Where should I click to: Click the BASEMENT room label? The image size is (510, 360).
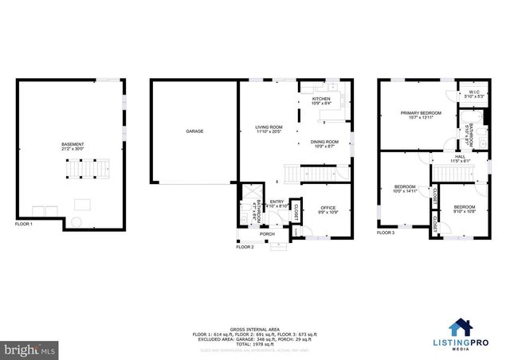[x=73, y=144]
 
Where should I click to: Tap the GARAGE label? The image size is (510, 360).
[x=194, y=131]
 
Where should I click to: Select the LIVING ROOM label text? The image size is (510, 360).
[x=269, y=127]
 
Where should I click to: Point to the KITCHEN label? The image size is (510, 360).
[x=320, y=99]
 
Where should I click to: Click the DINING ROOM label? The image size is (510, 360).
[x=324, y=142]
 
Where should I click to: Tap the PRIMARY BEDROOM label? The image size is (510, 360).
[x=420, y=114]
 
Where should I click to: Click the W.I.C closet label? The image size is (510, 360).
[x=473, y=92]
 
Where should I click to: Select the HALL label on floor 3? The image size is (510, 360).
[x=460, y=157]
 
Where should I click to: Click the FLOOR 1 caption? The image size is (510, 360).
[x=25, y=225]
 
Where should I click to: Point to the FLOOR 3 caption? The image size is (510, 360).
[x=386, y=233]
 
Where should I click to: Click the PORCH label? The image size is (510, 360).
[x=268, y=234]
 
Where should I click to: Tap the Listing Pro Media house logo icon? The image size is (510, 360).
[x=459, y=328]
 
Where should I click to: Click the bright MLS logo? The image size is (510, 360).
[x=30, y=349]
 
